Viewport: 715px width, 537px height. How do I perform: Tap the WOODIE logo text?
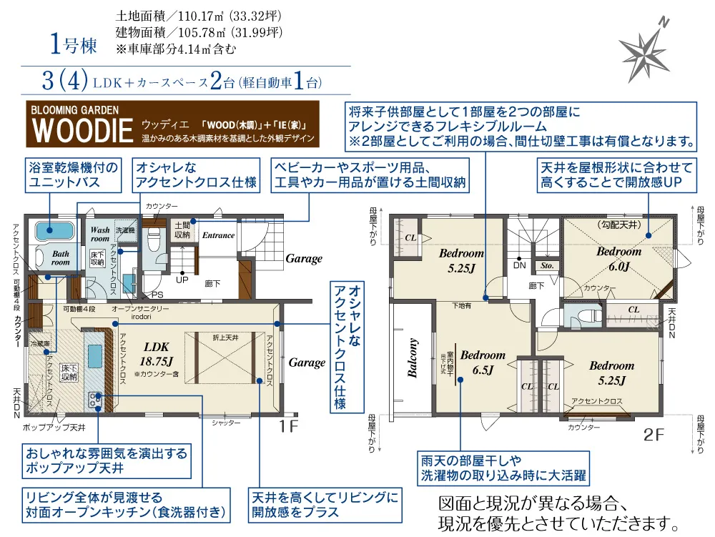point(83,131)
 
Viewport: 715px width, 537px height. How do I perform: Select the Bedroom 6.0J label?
point(619,259)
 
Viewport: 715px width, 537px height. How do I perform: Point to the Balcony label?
point(413,361)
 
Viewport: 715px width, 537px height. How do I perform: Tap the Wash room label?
point(100,235)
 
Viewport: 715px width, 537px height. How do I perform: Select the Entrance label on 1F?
point(218,235)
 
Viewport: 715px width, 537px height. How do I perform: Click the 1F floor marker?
point(289,426)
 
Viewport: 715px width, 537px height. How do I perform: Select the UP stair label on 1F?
point(183,280)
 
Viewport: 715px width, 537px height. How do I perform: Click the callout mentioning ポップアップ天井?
point(106,461)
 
